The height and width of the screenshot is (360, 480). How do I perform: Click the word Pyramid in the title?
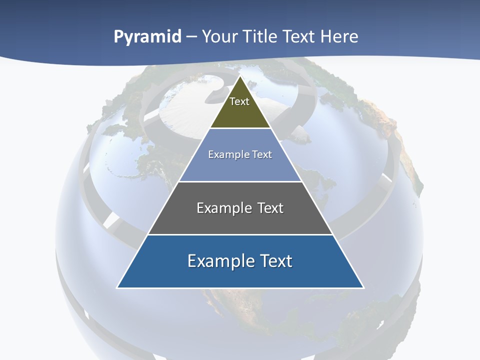point(147,37)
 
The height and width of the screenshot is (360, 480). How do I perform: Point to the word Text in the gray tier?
point(270,208)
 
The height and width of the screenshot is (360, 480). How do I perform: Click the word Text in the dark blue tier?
point(275,261)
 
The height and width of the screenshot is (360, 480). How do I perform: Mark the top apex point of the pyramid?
point(240,76)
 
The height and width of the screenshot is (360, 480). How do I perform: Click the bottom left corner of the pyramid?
point(117,287)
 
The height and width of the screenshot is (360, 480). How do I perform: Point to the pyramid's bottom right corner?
point(363,287)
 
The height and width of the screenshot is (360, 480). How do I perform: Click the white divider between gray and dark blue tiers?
point(240,234)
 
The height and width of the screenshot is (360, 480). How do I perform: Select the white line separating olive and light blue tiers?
point(240,128)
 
